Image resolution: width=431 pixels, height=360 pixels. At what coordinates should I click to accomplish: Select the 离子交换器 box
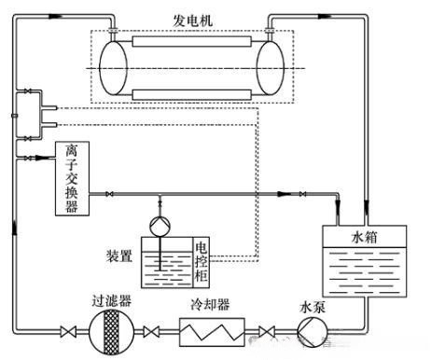tap(67, 179)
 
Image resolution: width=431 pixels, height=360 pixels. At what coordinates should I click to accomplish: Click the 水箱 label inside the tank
tap(368, 237)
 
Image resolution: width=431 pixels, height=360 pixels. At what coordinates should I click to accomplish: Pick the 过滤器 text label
tap(108, 301)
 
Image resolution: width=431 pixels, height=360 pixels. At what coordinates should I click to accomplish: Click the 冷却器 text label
tap(210, 304)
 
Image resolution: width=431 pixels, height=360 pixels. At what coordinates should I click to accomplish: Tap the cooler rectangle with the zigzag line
tap(211, 331)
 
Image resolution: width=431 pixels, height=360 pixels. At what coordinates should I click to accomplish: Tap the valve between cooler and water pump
tap(269, 331)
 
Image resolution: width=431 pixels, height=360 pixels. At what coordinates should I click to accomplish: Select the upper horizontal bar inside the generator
tap(191, 44)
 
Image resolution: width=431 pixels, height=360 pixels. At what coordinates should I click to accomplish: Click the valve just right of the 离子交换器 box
tap(108, 193)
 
